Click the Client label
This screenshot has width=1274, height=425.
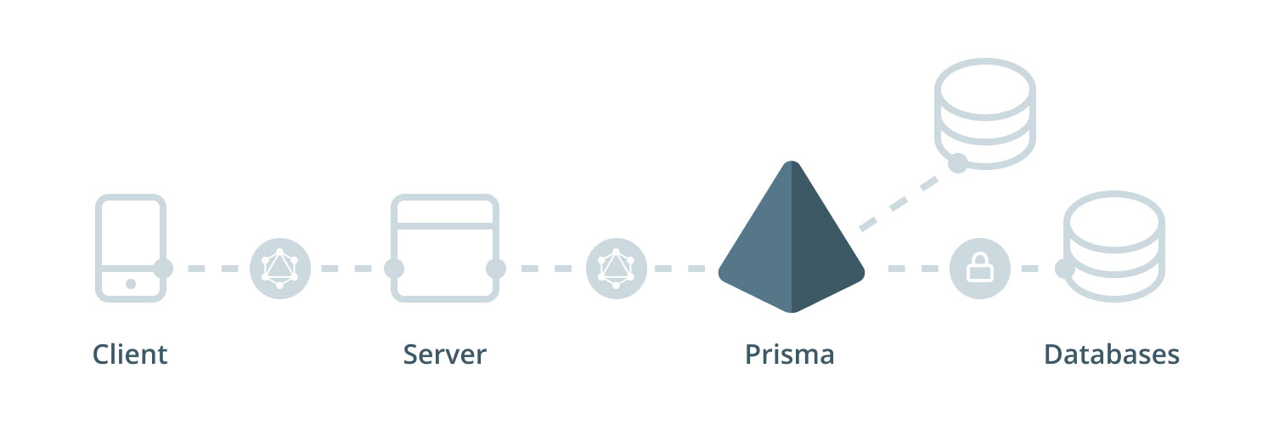click(130, 354)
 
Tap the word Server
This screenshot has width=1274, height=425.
click(445, 354)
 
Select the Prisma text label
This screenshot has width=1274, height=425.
click(790, 354)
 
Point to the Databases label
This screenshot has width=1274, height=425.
click(1112, 354)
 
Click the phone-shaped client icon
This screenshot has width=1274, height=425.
click(129, 246)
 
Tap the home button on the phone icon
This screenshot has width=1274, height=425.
click(130, 284)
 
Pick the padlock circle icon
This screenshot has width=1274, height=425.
click(979, 269)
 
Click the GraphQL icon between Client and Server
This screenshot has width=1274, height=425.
click(279, 269)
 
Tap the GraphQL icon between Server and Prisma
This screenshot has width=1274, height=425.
click(616, 269)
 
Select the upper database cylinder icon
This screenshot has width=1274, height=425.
click(985, 110)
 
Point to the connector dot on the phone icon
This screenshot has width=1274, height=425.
click(163, 269)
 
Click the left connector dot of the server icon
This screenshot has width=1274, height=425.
click(393, 269)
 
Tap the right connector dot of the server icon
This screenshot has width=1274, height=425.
click(496, 269)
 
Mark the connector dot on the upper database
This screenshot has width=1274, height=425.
click(957, 163)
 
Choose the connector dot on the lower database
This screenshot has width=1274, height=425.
click(1064, 269)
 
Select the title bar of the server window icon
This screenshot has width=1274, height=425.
click(444, 210)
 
